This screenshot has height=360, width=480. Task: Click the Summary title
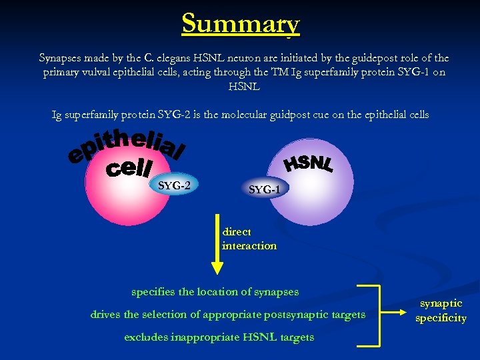click(x=241, y=24)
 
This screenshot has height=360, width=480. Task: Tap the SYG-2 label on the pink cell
click(x=174, y=185)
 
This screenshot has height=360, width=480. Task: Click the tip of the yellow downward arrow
click(x=216, y=271)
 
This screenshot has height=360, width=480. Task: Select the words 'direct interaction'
click(x=249, y=239)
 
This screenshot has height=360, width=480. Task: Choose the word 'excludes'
click(x=146, y=337)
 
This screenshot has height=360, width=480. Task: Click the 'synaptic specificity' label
click(x=441, y=311)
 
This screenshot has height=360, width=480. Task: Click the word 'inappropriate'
click(x=204, y=337)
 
